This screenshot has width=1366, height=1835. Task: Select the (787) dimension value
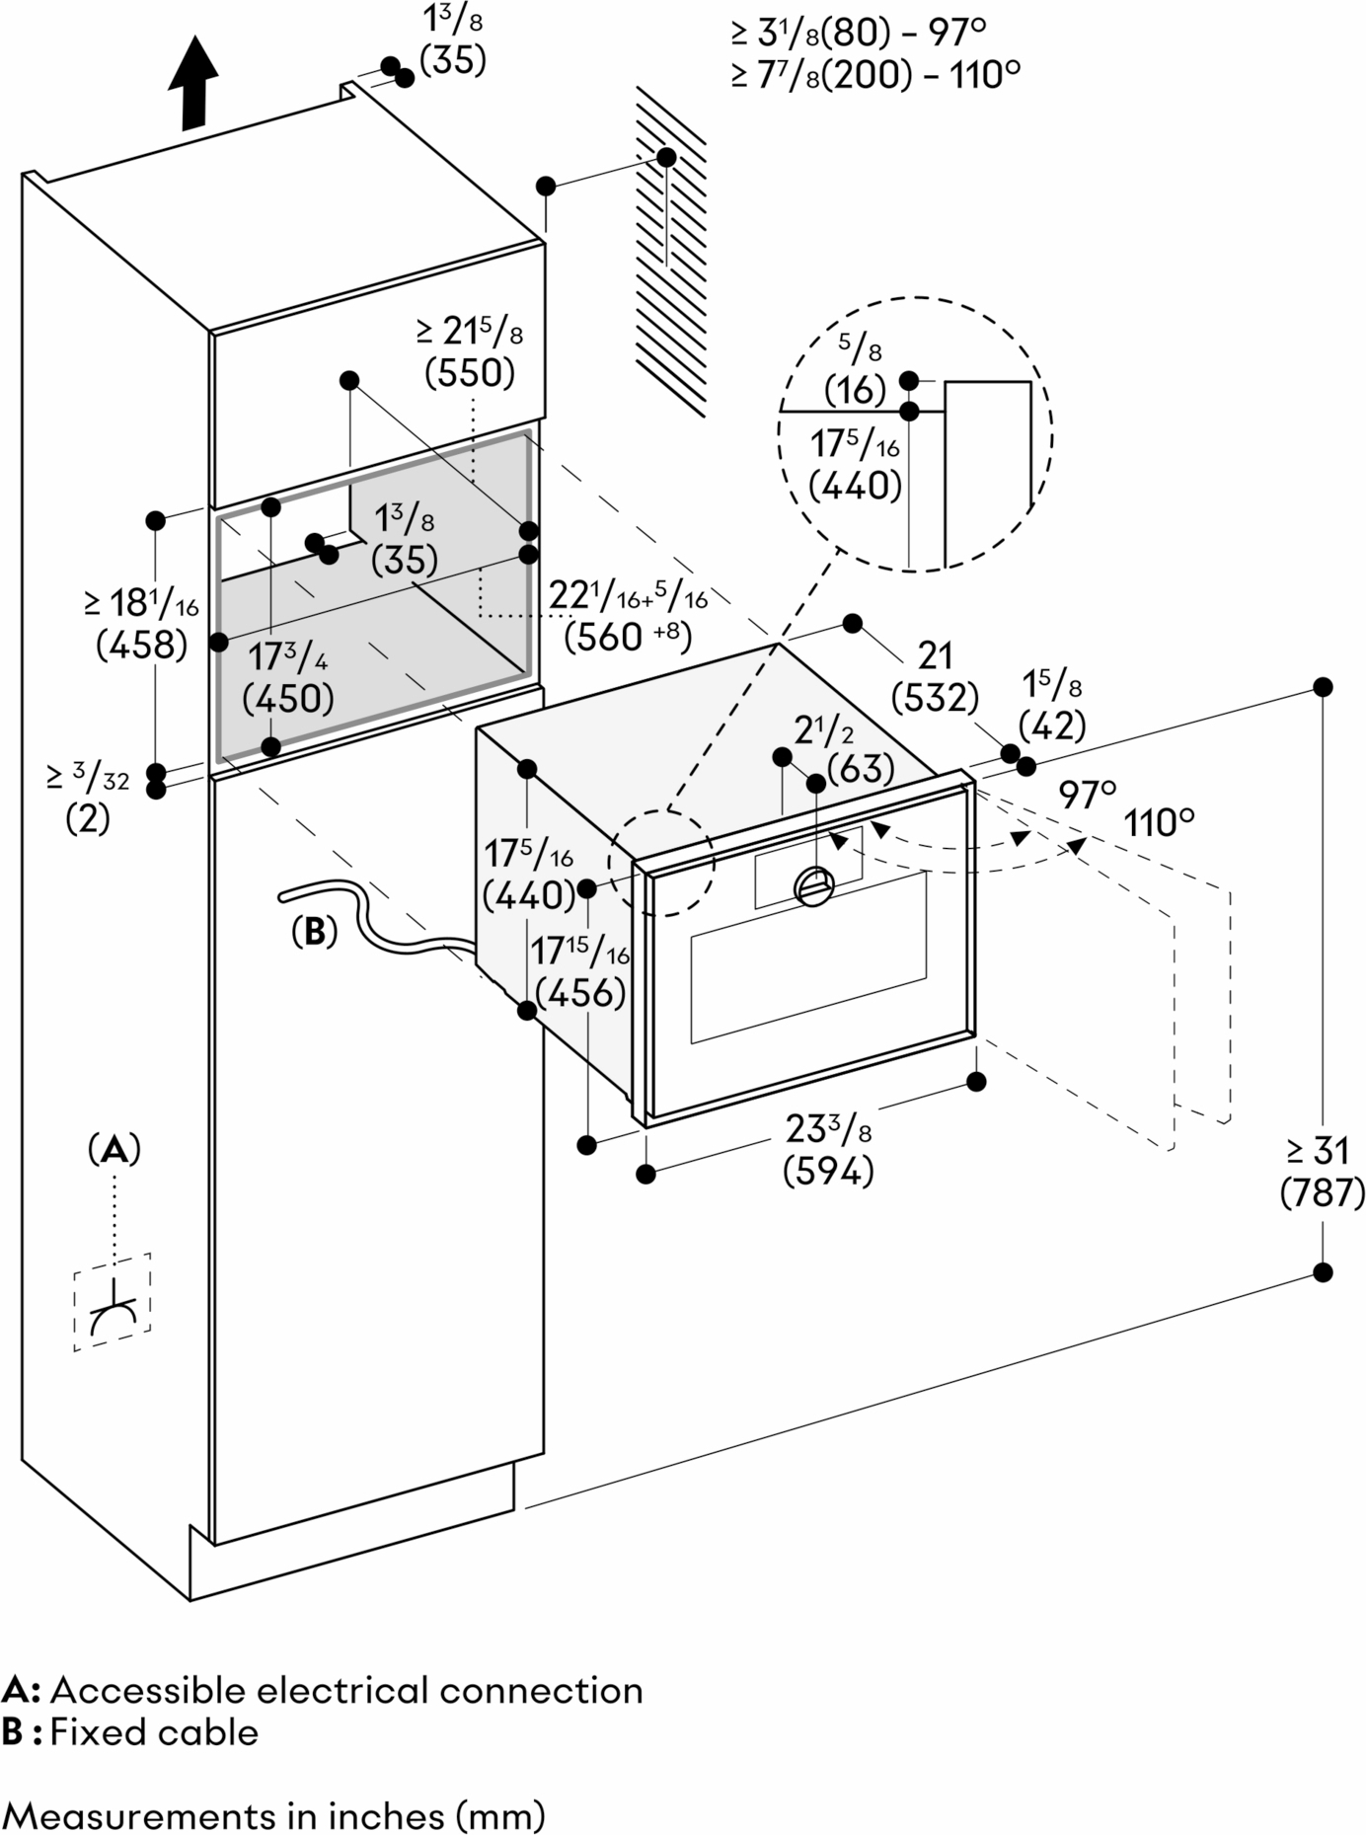[1322, 1194]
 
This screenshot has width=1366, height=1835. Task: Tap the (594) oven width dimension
[828, 1172]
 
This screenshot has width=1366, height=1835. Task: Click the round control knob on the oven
[815, 883]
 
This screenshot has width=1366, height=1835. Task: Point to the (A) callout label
[114, 1150]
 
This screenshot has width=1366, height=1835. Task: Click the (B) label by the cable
[314, 931]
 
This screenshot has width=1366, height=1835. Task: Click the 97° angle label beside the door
[1088, 794]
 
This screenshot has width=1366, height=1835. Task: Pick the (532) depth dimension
[934, 698]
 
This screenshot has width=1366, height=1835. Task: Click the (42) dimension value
[1051, 726]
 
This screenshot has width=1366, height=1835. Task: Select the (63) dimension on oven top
[861, 769]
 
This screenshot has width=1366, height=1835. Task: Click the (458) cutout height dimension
[141, 645]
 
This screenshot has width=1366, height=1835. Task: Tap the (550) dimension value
[470, 373]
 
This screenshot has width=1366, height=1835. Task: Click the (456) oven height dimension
[579, 993]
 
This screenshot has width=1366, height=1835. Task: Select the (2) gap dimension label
[87, 818]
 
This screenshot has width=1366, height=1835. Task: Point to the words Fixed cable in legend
[154, 1732]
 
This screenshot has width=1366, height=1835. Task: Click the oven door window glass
[809, 957]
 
